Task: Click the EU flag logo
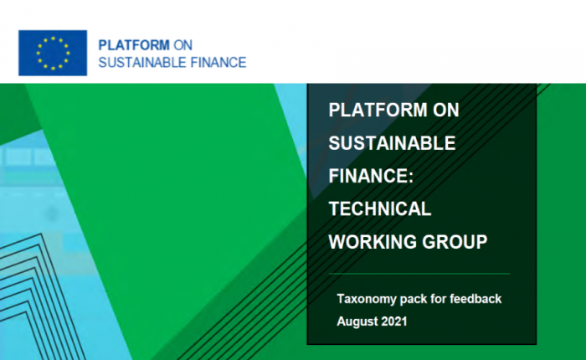pos(53,53)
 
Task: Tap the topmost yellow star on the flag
pos(53,39)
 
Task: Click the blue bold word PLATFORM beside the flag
pos(134,45)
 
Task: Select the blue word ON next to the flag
pos(183,45)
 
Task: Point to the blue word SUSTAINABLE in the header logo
pos(142,63)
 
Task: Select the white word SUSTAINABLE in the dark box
pos(392,143)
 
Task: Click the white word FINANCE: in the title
pos(371,176)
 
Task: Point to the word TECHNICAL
pos(380,208)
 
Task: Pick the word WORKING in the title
pos(373,242)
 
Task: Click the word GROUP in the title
pos(455,242)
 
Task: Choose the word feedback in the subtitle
pos(475,299)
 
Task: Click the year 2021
pos(394,321)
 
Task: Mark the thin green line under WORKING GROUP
pos(419,274)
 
